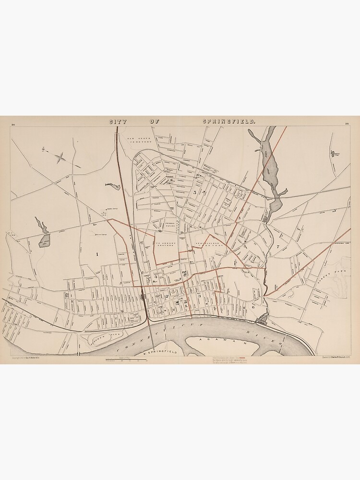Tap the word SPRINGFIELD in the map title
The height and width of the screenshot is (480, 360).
(229, 122)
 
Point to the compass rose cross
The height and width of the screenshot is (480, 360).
(60, 156)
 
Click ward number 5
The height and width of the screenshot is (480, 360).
(194, 192)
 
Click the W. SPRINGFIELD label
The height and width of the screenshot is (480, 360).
(162, 353)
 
